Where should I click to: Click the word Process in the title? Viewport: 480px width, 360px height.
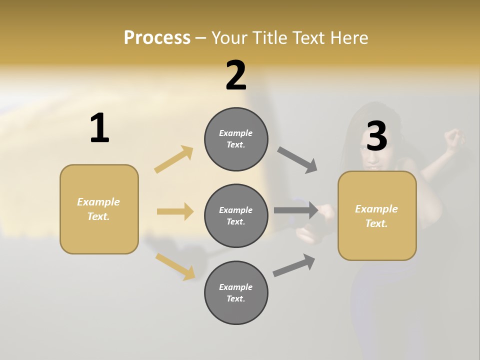157,38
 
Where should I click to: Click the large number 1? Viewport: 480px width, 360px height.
99,128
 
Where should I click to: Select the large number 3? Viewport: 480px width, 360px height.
376,136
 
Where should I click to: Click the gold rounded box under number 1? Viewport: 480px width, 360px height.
99,209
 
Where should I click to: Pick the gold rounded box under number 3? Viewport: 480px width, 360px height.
377,216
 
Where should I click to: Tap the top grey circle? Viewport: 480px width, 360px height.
236,139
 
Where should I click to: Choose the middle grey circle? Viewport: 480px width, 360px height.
236,215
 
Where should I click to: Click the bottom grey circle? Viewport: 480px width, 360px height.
236,292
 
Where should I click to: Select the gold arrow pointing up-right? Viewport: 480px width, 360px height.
174,159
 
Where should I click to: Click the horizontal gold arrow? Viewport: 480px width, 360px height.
175,211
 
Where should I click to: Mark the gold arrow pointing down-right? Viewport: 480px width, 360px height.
175,266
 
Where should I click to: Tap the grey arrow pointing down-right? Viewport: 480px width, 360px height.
297,160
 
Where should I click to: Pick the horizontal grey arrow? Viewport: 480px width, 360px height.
296,210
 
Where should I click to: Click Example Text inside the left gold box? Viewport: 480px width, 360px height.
98,209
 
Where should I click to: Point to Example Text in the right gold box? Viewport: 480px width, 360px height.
376,216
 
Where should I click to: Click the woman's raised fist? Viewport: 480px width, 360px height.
454,137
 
